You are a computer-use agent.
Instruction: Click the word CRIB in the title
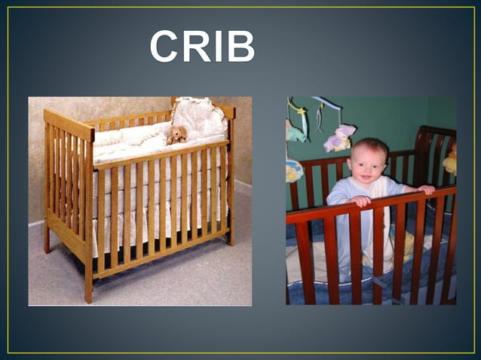(x=202, y=46)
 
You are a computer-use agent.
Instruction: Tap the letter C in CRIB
(x=165, y=46)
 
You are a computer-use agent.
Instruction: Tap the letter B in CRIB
(x=240, y=46)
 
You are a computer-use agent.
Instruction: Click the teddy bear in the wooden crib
(x=177, y=135)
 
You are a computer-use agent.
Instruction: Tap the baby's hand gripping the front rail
(x=363, y=200)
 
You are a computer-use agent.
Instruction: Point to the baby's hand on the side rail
(x=426, y=189)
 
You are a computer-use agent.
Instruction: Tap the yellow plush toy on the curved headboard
(x=451, y=160)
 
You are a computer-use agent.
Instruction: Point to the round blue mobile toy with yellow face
(x=293, y=171)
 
